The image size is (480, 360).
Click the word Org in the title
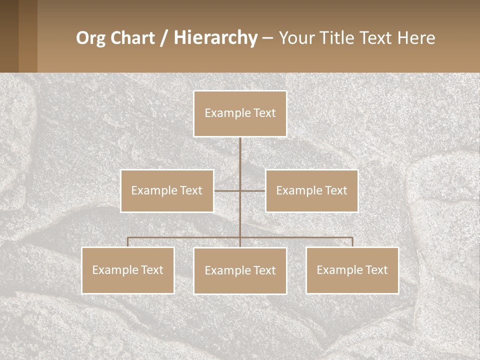pos(90,38)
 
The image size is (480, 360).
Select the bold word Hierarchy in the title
pos(215,38)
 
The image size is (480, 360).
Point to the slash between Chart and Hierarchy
pos(164,38)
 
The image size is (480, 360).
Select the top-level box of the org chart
pos(240,113)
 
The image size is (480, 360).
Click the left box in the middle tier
pos(167,190)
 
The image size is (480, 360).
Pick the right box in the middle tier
pos(311,190)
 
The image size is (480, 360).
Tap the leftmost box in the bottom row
pos(127,270)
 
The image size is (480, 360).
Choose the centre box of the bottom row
pos(240,270)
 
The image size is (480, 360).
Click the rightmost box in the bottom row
pos(352,270)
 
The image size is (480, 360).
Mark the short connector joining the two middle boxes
pos(252,190)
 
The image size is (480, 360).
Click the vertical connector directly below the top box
pos(240,155)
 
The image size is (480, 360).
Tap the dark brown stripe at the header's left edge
pos(9,36)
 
